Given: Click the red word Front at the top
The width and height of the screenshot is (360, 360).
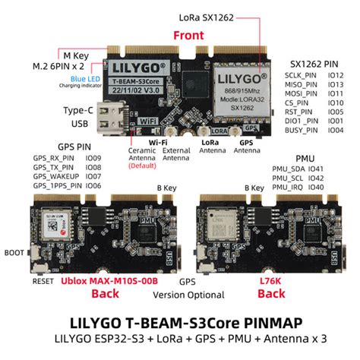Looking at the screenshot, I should [x=188, y=35].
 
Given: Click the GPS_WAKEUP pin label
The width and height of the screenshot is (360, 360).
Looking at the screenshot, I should [x=55, y=175].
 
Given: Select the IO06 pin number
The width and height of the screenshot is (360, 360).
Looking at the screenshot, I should [x=93, y=185].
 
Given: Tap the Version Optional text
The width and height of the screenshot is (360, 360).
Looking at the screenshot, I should [x=180, y=295].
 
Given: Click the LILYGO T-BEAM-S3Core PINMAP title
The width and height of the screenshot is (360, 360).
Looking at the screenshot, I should [x=180, y=320].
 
